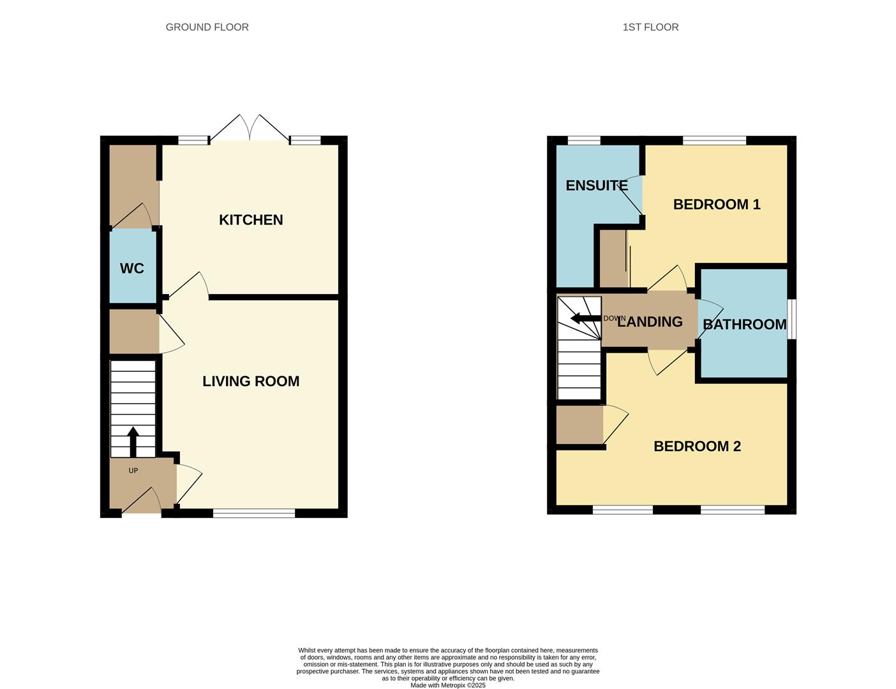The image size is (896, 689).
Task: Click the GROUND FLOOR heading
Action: [207, 27]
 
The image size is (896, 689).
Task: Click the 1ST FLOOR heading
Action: [650, 27]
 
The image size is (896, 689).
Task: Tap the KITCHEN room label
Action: [251, 219]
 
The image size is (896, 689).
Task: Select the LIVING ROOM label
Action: [251, 381]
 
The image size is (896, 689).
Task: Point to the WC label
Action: [132, 269]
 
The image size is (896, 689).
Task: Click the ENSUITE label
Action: [597, 186]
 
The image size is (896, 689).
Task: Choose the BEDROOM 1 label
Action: [717, 204]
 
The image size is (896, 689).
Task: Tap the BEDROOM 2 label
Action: [697, 446]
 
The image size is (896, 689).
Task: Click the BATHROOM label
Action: [744, 324]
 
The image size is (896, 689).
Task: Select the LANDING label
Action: [650, 322]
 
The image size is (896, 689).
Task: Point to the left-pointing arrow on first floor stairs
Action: [584, 318]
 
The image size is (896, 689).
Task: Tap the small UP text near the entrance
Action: [133, 471]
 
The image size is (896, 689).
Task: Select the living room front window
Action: [254, 513]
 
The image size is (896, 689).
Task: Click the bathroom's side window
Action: [791, 319]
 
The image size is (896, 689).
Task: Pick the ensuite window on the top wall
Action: [584, 140]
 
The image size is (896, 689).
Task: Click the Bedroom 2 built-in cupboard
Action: [579, 425]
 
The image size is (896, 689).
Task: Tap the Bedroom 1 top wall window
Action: [714, 140]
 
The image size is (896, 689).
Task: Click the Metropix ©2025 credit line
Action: [447, 685]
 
